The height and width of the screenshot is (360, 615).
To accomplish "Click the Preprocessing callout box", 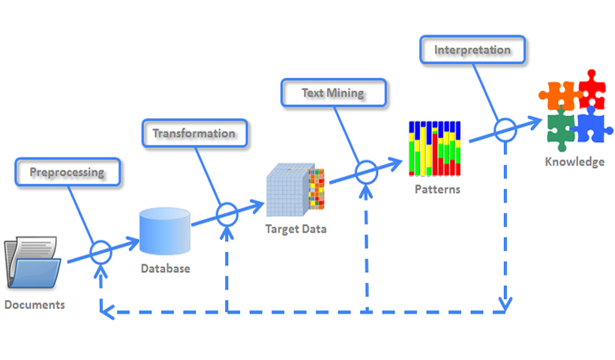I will coord(67,172).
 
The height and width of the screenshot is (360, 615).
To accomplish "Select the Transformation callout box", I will coord(194,133).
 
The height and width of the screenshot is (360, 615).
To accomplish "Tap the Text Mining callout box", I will coord(333,93).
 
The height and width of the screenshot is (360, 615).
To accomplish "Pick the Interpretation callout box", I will coord(472,51).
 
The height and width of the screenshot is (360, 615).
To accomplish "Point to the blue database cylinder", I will coord(164,231).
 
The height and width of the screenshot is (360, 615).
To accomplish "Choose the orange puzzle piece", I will coord(558,96).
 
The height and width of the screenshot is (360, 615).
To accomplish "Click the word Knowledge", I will coord(574,161).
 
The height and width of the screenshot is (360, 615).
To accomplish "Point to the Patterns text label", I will coord(437,189).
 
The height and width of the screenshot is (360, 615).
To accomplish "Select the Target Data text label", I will coord(295,228).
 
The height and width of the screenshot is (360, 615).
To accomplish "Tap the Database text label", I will coord(165,268).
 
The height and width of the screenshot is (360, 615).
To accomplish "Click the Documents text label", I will coord(34,304).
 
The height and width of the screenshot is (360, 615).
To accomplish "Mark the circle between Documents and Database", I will coord(100,252).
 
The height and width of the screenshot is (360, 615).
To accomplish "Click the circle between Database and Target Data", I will coord(227,214).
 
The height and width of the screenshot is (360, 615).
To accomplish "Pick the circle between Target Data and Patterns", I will coord(366,172).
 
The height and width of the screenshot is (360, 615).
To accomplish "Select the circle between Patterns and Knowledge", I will coord(505,130).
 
